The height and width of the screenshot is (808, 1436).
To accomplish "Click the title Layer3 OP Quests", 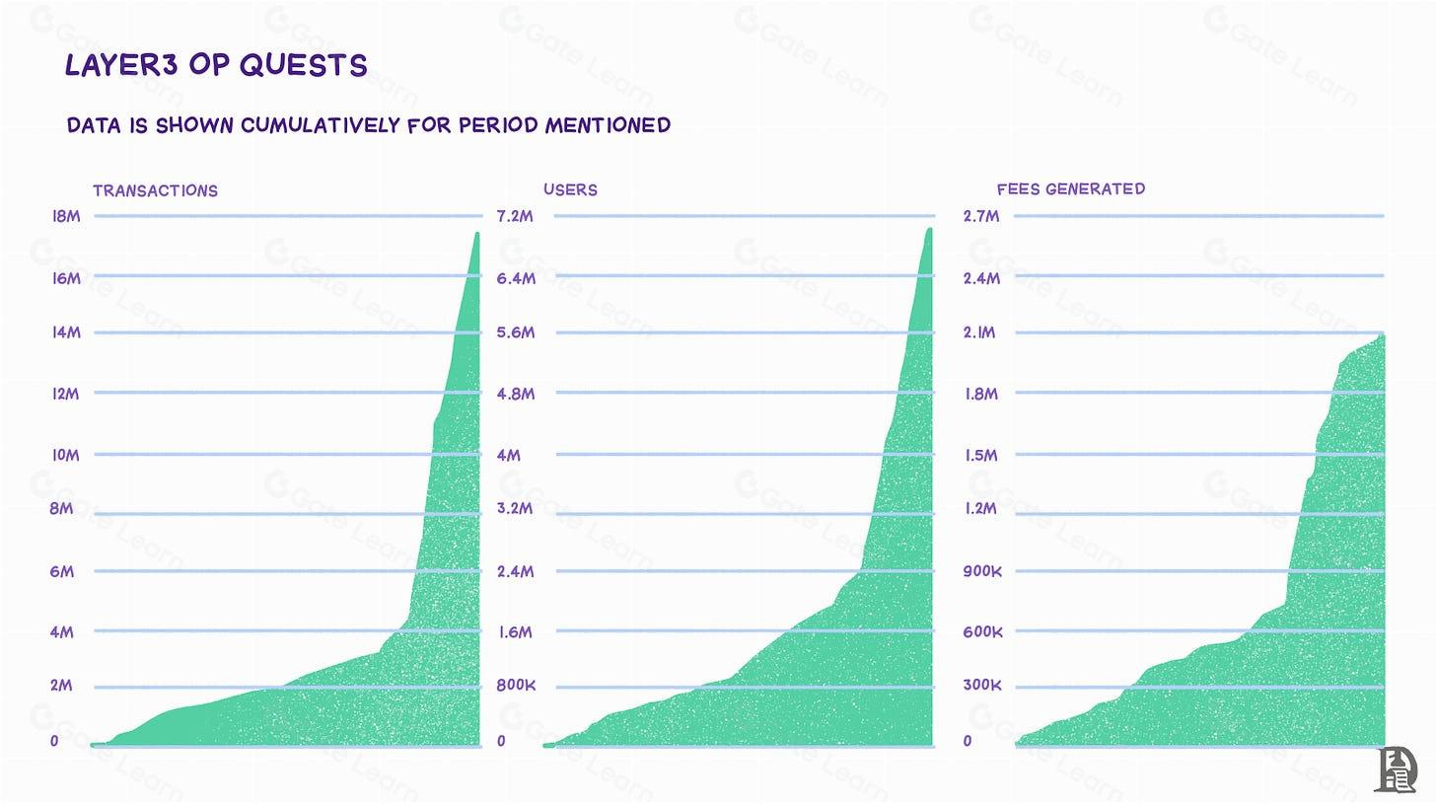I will click(215, 65).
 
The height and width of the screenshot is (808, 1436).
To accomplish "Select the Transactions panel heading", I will click(155, 190).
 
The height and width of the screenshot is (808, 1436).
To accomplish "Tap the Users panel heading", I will click(570, 189).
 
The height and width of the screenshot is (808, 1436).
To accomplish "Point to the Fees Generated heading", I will click(1070, 188).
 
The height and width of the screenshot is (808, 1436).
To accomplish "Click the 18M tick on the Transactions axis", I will click(66, 217).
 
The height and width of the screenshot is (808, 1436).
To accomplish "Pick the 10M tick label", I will click(65, 456).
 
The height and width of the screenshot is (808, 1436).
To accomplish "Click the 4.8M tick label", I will click(515, 395).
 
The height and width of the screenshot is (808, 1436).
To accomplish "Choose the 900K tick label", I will click(981, 572).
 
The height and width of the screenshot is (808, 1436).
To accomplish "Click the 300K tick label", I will click(981, 685).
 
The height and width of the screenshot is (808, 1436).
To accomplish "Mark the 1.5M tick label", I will click(980, 456).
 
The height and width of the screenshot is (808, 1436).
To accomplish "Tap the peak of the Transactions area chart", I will click(476, 235).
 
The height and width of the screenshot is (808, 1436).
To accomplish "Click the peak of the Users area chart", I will click(928, 230).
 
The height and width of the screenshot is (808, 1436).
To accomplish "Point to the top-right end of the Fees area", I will click(1383, 336).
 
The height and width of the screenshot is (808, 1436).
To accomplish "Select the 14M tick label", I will click(66, 333).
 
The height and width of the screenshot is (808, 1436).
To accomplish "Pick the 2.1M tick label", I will click(980, 333).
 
